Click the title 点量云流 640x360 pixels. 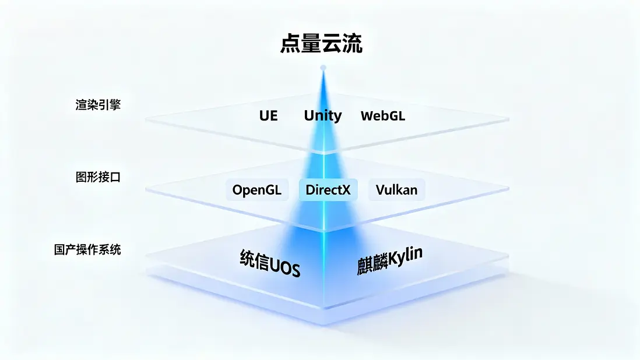321,44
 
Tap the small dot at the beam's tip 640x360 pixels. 323,68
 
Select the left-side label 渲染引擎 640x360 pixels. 98,105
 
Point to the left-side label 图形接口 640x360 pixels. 98,177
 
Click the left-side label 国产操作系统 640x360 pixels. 87,249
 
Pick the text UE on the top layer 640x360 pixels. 269,116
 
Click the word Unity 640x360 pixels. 322,116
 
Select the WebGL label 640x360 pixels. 383,116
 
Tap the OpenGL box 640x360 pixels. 257,189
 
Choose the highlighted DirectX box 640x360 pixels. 328,189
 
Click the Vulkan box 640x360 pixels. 397,189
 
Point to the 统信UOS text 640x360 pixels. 270,263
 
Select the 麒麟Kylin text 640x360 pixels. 389,261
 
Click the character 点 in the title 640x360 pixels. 290,44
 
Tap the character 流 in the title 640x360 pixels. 352,44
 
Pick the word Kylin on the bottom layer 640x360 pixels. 405,256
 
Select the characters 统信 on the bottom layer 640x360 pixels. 255,259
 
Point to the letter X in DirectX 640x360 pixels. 346,190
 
